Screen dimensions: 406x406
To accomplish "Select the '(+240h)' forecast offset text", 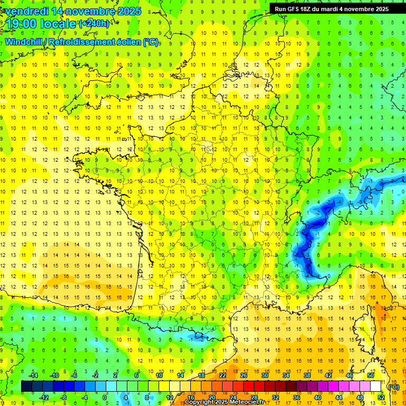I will pos(94,23).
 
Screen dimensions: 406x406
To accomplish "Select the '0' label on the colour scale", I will pos(105,397).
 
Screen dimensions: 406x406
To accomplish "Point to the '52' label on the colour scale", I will pos(381,397).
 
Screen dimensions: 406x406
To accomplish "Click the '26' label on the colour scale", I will pos(243,375).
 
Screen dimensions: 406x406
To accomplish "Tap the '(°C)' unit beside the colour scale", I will pos(394,386).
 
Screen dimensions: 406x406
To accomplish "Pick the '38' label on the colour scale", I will pos(307,375).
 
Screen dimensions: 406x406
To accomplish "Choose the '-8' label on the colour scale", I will pos(64,397).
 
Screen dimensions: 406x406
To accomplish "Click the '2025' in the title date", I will pos(129,11).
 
